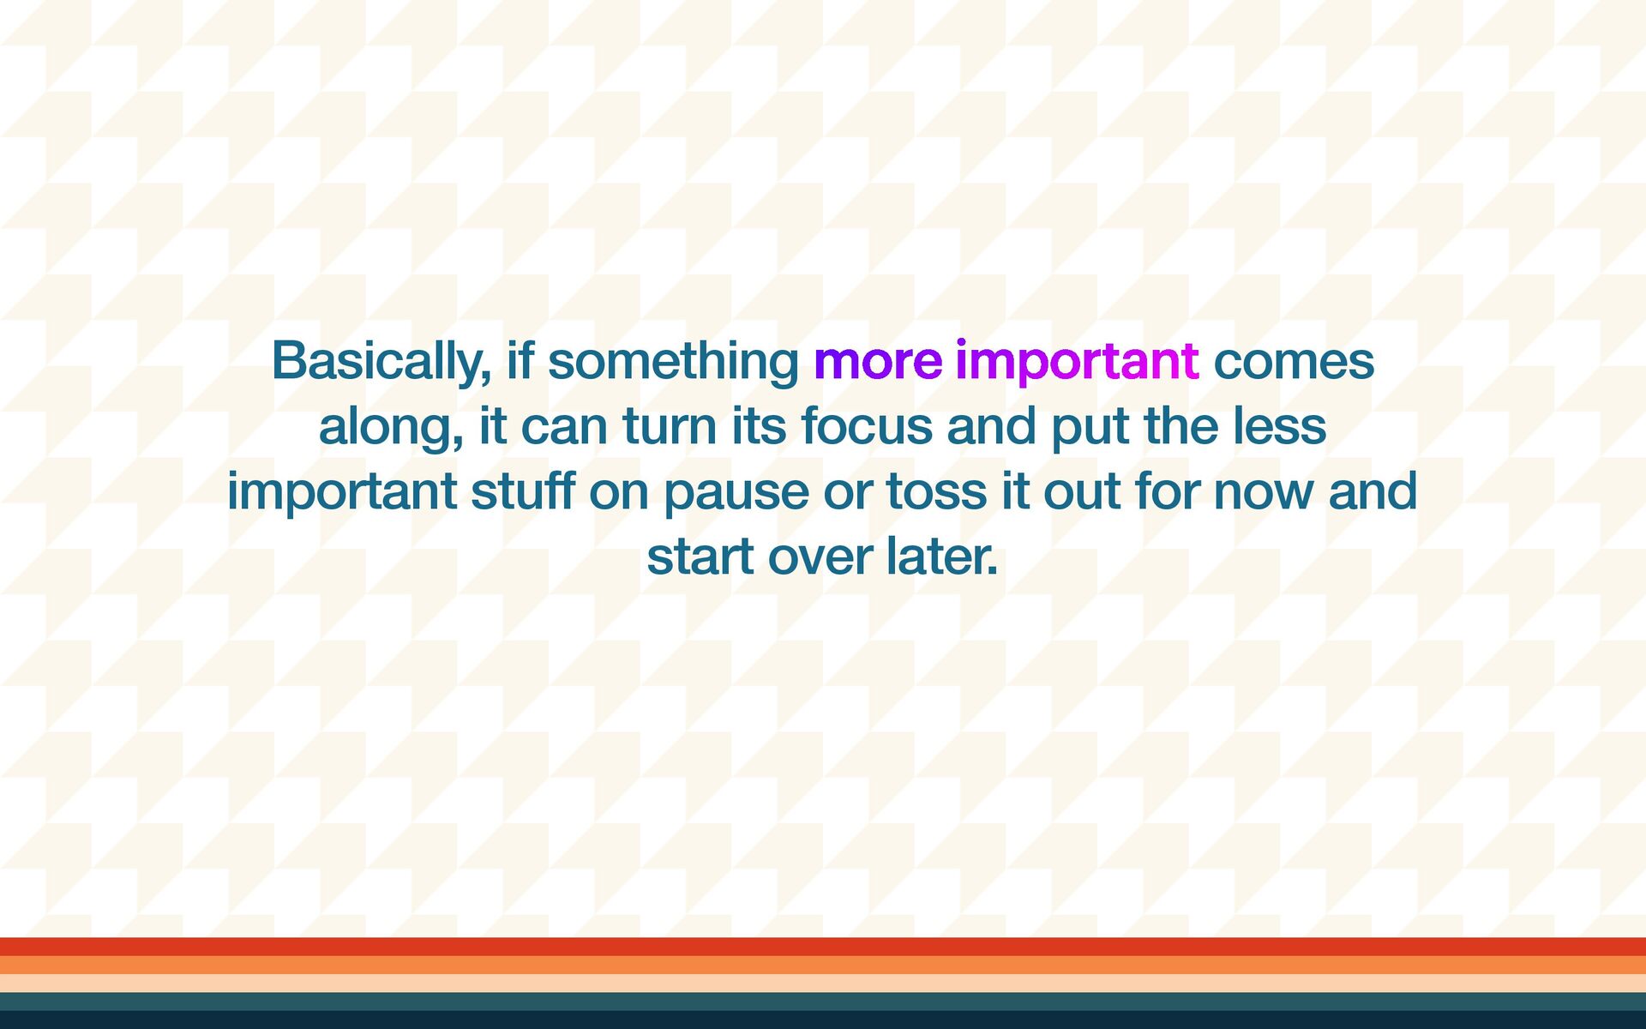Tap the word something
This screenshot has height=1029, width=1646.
tap(673, 361)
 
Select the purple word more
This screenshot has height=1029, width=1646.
tap(878, 362)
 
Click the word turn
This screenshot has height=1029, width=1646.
tap(670, 426)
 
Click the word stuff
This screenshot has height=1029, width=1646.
tap(522, 490)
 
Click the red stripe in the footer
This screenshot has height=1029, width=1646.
tap(823, 947)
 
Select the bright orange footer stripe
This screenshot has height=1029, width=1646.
tap(823, 965)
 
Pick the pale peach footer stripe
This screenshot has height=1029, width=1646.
tap(823, 983)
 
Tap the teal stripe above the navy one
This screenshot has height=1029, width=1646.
tap(823, 1001)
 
